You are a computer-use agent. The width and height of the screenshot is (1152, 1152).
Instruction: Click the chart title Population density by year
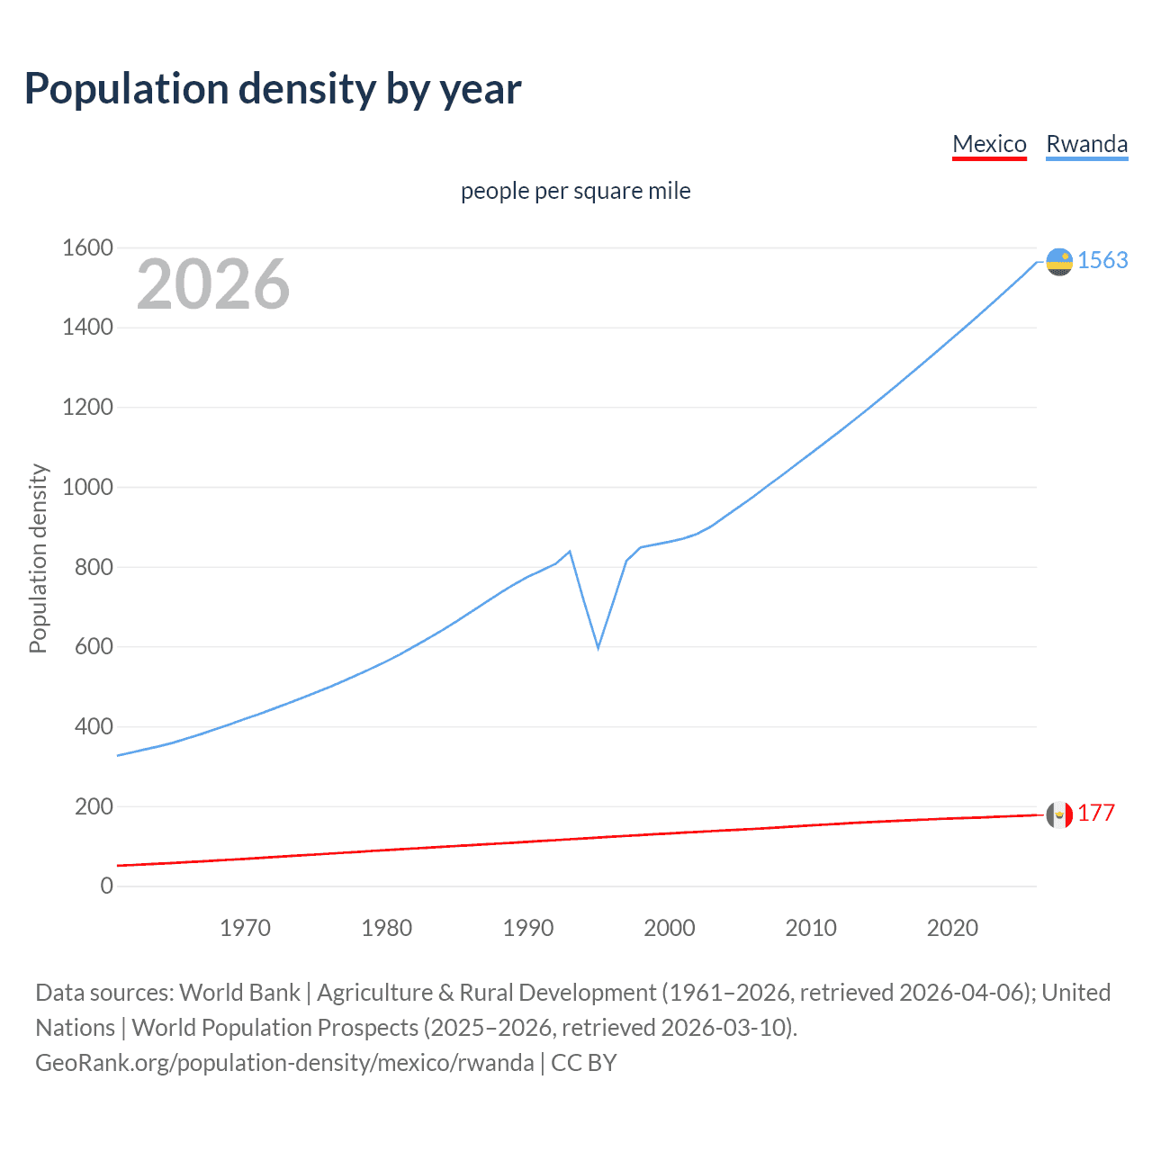pos(273,89)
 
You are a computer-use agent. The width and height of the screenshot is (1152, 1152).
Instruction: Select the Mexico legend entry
pos(989,144)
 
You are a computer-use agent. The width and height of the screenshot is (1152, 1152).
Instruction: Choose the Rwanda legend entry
pos(1086,144)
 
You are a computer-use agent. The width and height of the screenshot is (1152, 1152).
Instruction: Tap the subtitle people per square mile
pos(575,191)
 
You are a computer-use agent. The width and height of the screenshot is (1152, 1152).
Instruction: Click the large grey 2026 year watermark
pos(213,284)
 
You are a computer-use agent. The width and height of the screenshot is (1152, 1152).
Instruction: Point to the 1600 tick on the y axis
pos(87,247)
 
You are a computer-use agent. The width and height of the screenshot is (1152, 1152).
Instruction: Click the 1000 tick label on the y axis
pos(87,487)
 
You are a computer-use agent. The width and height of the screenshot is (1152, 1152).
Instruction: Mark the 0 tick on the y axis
pos(106,886)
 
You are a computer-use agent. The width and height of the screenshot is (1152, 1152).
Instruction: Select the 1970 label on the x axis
pos(245,928)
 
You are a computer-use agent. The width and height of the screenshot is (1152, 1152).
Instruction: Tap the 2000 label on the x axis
pos(670,928)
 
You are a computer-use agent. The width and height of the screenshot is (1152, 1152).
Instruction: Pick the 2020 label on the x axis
pos(952,928)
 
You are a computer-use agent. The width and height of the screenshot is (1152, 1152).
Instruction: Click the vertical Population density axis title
pos(38,558)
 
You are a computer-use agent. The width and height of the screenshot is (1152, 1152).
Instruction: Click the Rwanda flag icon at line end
pos(1059,261)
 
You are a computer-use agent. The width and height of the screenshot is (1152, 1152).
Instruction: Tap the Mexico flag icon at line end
pos(1059,814)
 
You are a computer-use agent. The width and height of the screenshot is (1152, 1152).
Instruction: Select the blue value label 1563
pos(1102,260)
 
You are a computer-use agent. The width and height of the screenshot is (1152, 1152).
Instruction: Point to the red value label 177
pos(1096,813)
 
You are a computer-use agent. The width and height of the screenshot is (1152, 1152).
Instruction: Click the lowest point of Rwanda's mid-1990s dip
pos(598,647)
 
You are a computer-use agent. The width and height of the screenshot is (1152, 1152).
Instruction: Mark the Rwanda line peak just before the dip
pos(570,551)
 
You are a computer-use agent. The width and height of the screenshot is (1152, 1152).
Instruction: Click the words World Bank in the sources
pos(239,992)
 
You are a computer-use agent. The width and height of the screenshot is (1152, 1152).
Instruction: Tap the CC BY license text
pos(583,1062)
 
